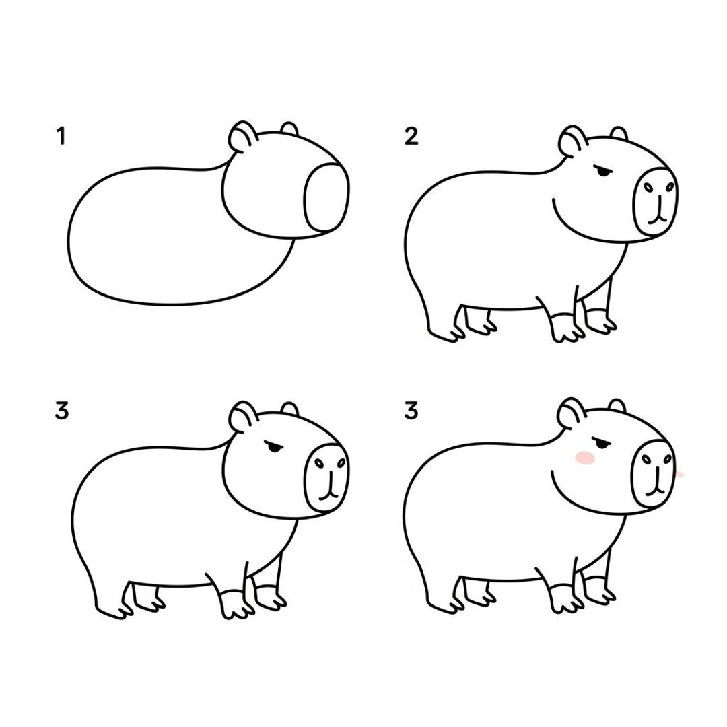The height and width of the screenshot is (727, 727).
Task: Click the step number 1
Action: (61, 137)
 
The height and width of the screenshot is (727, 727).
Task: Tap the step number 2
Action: (411, 137)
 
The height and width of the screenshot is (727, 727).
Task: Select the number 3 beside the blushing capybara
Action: (411, 410)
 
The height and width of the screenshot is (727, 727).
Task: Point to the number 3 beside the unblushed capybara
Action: (61, 410)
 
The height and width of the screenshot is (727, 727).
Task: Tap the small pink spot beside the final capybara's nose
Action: (680, 475)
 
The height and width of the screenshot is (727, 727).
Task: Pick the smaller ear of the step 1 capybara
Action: (289, 129)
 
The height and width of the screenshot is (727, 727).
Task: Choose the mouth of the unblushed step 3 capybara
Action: (328, 493)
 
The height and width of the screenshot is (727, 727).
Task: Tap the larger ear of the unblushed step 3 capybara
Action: (240, 417)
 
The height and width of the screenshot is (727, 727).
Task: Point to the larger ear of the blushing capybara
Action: (571, 413)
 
